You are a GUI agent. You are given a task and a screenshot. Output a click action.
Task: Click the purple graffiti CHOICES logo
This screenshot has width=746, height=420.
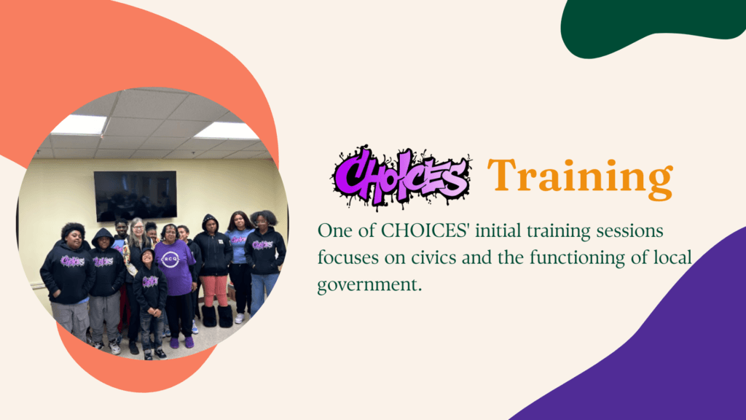pyautogui.click(x=401, y=178)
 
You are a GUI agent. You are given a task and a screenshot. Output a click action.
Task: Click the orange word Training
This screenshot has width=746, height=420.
pyautogui.click(x=580, y=179)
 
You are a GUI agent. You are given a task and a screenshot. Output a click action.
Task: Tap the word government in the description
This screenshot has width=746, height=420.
pyautogui.click(x=369, y=285)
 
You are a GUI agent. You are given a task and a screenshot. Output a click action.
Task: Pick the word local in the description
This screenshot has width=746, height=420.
pyautogui.click(x=671, y=257)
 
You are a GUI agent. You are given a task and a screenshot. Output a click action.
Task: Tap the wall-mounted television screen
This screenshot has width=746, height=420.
pyautogui.click(x=135, y=195)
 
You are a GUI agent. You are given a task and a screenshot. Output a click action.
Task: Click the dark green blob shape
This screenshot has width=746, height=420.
pyautogui.click(x=653, y=25)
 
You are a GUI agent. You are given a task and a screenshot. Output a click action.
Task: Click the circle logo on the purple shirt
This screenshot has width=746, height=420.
pyautogui.click(x=170, y=259)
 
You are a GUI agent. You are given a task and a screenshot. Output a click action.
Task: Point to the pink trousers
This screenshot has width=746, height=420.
pyautogui.click(x=215, y=290)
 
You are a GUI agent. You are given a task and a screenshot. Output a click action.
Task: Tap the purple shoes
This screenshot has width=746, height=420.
pyautogui.click(x=181, y=343)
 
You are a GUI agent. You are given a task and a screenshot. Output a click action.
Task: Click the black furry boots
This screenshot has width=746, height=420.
pyautogui.click(x=217, y=316)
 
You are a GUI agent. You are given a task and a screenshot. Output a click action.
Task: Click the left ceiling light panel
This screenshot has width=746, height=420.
pyautogui.click(x=79, y=124)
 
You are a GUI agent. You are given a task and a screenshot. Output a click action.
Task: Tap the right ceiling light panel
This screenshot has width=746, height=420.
pyautogui.click(x=227, y=131)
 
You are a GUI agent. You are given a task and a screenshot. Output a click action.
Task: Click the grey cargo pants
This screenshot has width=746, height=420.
pyautogui.click(x=71, y=319)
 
